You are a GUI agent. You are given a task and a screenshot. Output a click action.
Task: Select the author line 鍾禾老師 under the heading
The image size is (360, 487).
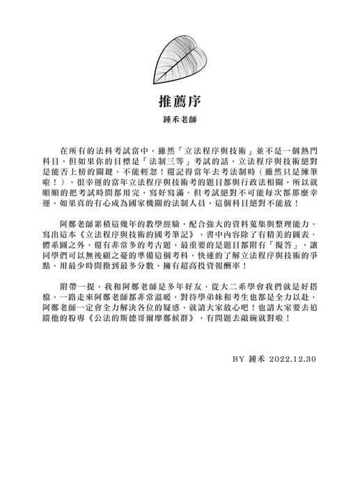click(x=180, y=120)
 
